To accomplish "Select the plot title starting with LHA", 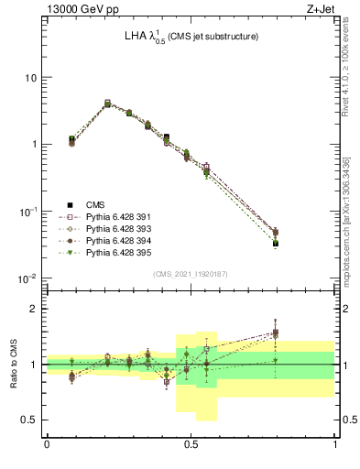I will pos(191,37).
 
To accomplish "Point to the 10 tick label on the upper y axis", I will pos(30,77).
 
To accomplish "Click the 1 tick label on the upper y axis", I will pos(34,145).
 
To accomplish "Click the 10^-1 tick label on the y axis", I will pos(27,211).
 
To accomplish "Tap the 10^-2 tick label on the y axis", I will pos(27,278).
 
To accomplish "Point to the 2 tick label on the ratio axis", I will pos(34,309).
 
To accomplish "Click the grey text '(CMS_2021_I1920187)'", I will pos(191,273).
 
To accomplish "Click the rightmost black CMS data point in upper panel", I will pos(300,243).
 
